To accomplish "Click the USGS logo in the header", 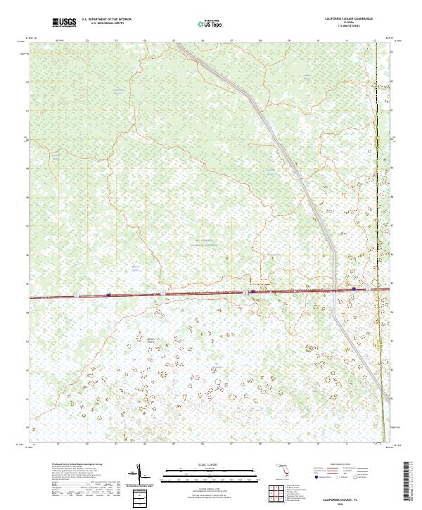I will (65, 23).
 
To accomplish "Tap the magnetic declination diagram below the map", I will (140, 473).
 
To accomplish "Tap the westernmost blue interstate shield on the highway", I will (108, 295).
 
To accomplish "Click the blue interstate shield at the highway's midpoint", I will (252, 291).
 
